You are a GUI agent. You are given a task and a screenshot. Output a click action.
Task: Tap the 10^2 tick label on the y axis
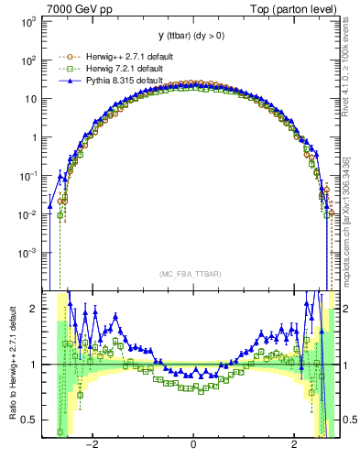click(27, 60)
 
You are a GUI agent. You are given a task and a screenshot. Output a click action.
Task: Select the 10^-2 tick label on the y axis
click(27, 213)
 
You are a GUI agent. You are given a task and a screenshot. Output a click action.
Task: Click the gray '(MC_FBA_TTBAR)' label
click(192, 273)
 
